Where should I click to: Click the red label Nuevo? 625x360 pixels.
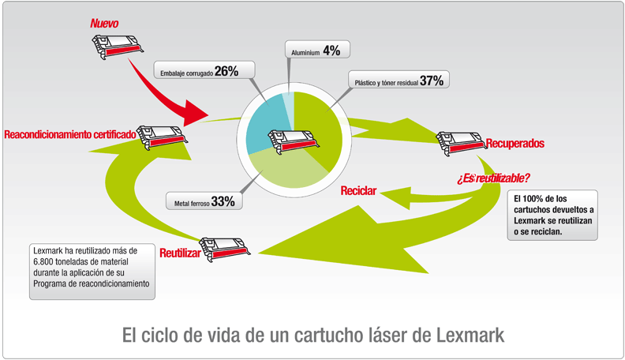[x=104, y=24]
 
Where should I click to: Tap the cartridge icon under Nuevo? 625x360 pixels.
[x=118, y=47]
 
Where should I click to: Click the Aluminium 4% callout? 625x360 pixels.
[x=317, y=50]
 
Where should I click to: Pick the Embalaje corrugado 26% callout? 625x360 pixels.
[x=204, y=70]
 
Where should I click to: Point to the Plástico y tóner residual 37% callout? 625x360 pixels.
[x=399, y=81]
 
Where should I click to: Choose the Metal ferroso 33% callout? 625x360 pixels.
[x=204, y=201]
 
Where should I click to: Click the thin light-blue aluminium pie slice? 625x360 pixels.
[x=289, y=107]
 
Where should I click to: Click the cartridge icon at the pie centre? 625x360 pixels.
[x=294, y=141]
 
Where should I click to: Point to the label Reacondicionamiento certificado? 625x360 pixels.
[x=70, y=134]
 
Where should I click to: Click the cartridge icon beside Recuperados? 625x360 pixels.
[x=461, y=143]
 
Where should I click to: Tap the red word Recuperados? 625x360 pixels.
[x=515, y=143]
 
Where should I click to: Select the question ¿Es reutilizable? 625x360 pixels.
[x=493, y=178]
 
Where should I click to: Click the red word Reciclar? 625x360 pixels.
[x=358, y=190]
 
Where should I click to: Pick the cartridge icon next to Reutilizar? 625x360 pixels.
[x=225, y=249]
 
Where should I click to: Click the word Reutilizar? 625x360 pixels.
[x=180, y=253]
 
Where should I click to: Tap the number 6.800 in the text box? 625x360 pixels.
[x=43, y=262]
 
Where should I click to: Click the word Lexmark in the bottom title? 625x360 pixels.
[x=470, y=336]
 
